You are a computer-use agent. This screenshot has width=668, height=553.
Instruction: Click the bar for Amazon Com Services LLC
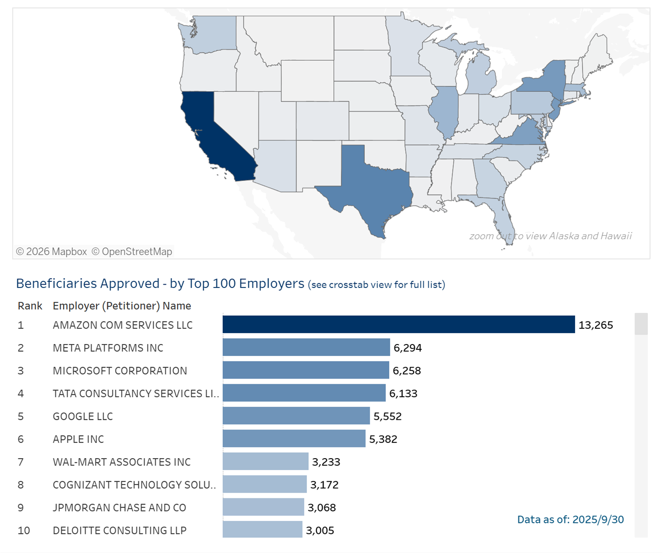398,324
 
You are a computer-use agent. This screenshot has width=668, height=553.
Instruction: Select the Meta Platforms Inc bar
306,347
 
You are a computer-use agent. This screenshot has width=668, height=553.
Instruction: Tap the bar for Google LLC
296,416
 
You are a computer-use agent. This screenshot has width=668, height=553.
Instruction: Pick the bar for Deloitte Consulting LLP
262,530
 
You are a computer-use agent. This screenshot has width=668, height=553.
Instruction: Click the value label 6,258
407,370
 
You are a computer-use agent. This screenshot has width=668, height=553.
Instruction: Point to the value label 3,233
326,462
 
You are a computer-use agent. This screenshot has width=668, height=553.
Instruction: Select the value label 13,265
596,325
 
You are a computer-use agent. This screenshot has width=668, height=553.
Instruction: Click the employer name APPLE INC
78,439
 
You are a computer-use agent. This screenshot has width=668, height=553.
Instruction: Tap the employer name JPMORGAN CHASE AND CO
119,507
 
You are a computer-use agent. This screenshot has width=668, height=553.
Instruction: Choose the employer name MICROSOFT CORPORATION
120,370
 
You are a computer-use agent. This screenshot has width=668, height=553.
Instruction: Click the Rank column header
30,306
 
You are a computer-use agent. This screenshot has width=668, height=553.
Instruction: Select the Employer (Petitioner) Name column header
122,306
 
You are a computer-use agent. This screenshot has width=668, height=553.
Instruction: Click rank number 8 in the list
21,484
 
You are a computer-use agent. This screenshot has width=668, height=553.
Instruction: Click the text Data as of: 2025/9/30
570,519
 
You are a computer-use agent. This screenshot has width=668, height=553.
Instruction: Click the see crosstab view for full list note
377,285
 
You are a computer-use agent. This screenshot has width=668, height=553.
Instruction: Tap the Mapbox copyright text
52,252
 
